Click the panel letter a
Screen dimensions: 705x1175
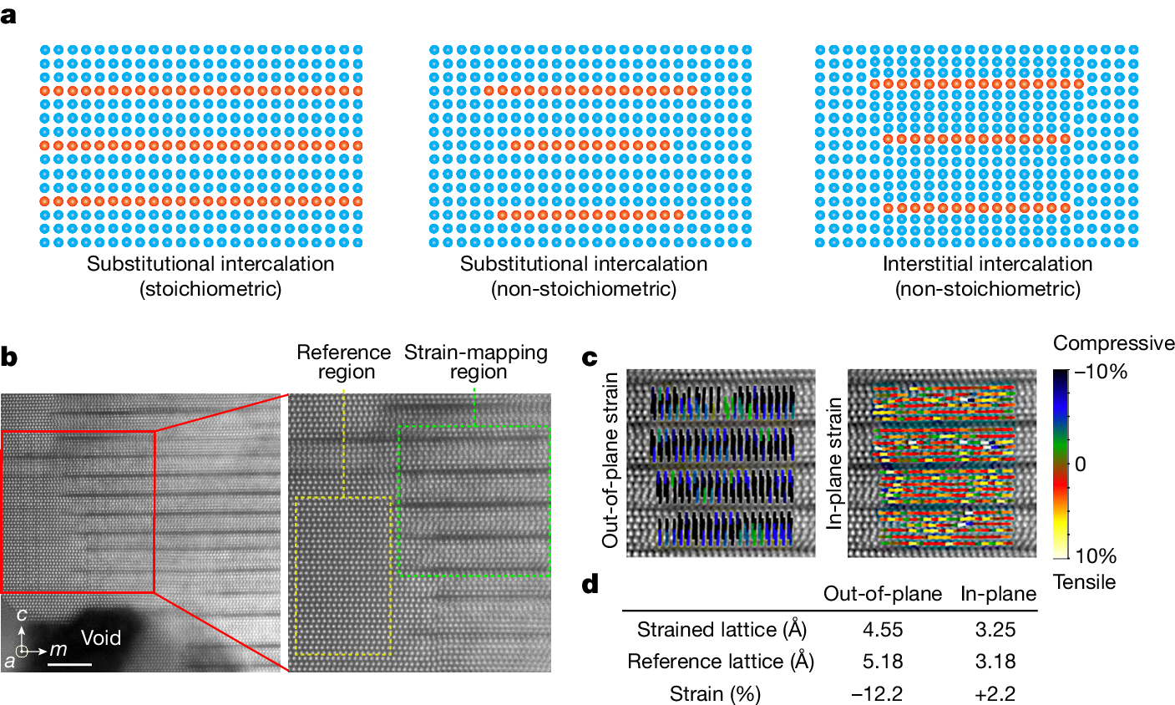tap(9, 16)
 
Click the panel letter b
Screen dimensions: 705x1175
tap(10, 358)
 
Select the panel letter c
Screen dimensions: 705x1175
tap(590, 358)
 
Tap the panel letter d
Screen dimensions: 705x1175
tap(590, 583)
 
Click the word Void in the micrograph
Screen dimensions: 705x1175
tap(101, 638)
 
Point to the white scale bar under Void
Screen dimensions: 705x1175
tap(69, 665)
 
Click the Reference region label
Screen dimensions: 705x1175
tap(343, 363)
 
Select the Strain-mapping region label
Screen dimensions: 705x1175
tap(476, 363)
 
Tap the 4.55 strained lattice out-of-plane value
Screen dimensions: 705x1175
tap(882, 629)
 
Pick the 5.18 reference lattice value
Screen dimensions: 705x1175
tap(882, 662)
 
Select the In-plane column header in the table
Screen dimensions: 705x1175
tap(998, 594)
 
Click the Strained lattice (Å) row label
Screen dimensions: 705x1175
tap(722, 629)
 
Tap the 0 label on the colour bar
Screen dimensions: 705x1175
tap(1081, 464)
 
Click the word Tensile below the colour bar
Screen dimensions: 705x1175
tap(1084, 581)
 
